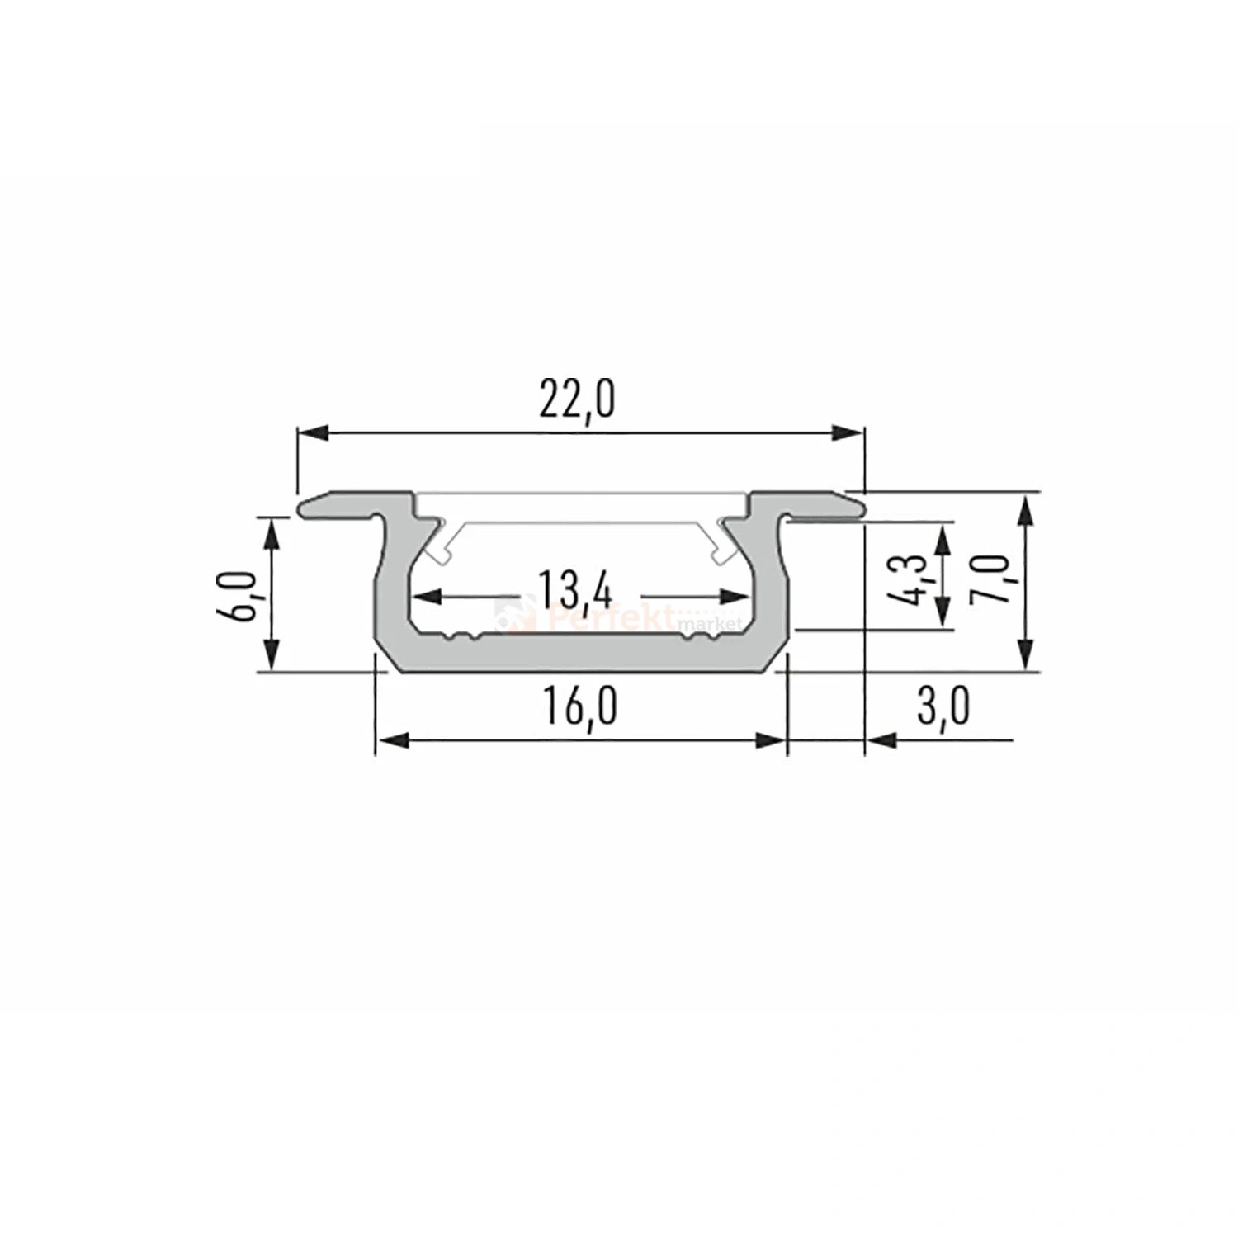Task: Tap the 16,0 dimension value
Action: click(x=579, y=707)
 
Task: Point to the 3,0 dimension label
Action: click(x=943, y=707)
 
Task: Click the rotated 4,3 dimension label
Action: click(x=908, y=580)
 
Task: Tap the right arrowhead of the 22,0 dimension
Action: click(x=848, y=432)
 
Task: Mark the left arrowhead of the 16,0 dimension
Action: click(x=393, y=740)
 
